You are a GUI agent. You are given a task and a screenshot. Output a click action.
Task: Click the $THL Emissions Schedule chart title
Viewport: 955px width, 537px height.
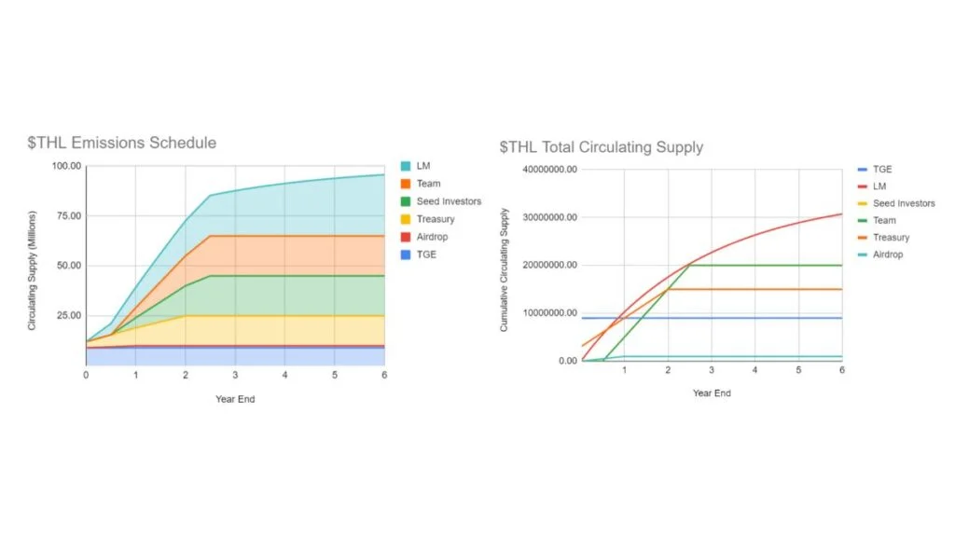coord(121,143)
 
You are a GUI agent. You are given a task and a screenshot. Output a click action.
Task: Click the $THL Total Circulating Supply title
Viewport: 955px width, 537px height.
coord(602,147)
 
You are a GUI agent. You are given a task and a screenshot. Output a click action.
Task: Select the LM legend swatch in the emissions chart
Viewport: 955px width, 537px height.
coord(405,166)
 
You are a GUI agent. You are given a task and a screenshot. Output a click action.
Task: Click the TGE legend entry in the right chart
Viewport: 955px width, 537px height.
coord(882,170)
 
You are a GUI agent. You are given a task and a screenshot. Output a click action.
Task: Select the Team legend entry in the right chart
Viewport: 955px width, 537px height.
coord(884,221)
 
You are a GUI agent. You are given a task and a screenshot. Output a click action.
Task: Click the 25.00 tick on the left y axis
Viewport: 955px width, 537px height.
coord(68,315)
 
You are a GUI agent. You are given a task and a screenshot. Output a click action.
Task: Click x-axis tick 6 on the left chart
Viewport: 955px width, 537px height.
coord(384,375)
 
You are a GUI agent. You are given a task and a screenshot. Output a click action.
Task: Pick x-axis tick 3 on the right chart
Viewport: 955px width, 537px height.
coord(711,370)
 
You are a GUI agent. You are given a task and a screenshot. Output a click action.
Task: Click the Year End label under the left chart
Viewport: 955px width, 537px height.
coord(235,399)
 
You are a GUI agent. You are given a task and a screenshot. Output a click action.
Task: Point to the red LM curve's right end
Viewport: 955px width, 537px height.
coord(841,214)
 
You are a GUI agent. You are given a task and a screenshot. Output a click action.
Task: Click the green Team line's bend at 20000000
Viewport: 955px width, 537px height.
coord(689,265)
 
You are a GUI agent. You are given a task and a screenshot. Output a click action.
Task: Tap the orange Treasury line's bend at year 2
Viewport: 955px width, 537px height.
coord(668,289)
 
